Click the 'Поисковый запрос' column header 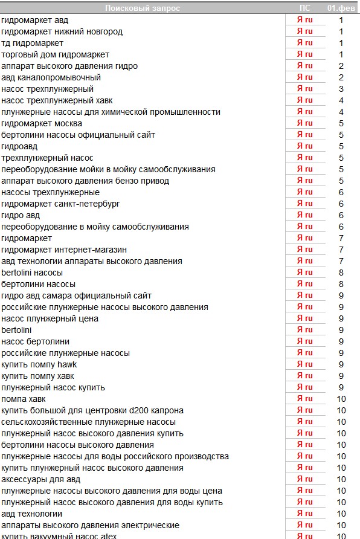[x=143, y=8]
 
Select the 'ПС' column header [x=305, y=8]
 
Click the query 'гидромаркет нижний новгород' [x=62, y=31]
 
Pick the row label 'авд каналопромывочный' [x=51, y=77]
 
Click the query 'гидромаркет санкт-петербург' [x=60, y=204]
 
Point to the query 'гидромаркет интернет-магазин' [x=64, y=250]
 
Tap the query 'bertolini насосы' [x=32, y=273]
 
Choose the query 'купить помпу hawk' [x=39, y=364]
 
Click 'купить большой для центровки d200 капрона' [x=92, y=410]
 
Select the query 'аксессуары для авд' [x=41, y=479]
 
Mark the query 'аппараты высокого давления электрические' [x=90, y=525]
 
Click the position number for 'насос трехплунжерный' [x=341, y=89]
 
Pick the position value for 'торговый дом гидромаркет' [x=341, y=54]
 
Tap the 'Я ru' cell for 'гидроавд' [x=305, y=146]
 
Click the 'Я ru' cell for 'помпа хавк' [x=305, y=399]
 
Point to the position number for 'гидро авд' [x=341, y=215]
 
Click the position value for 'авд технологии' [x=341, y=514]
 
